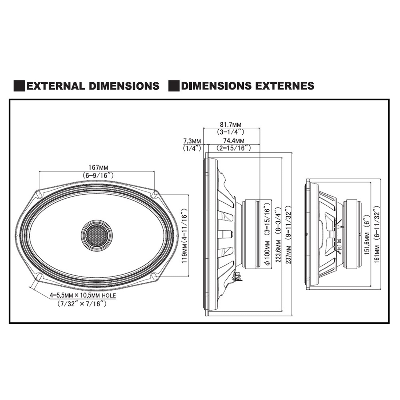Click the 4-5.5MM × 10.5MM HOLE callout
(83, 295)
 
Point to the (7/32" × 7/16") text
(82, 303)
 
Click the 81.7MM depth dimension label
(230, 124)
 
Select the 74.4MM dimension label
(234, 141)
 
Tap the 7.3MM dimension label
(192, 141)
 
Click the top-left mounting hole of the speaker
(39, 195)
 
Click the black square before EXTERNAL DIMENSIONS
(19, 86)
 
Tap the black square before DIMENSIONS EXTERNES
(174, 86)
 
